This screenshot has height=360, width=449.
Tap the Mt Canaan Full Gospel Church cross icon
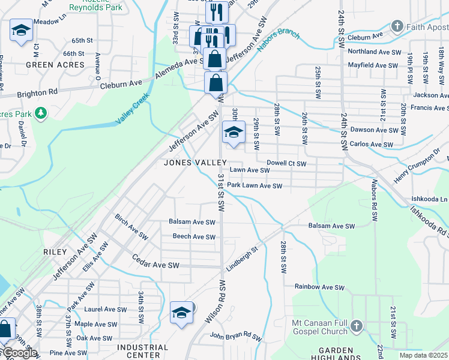[356, 326]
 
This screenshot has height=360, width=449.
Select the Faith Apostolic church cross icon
[397, 26]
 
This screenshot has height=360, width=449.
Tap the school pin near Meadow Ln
[21, 31]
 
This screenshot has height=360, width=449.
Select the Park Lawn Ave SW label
[254, 186]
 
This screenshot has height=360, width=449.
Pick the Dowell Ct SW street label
[286, 163]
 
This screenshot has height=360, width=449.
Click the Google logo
[19, 353]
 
